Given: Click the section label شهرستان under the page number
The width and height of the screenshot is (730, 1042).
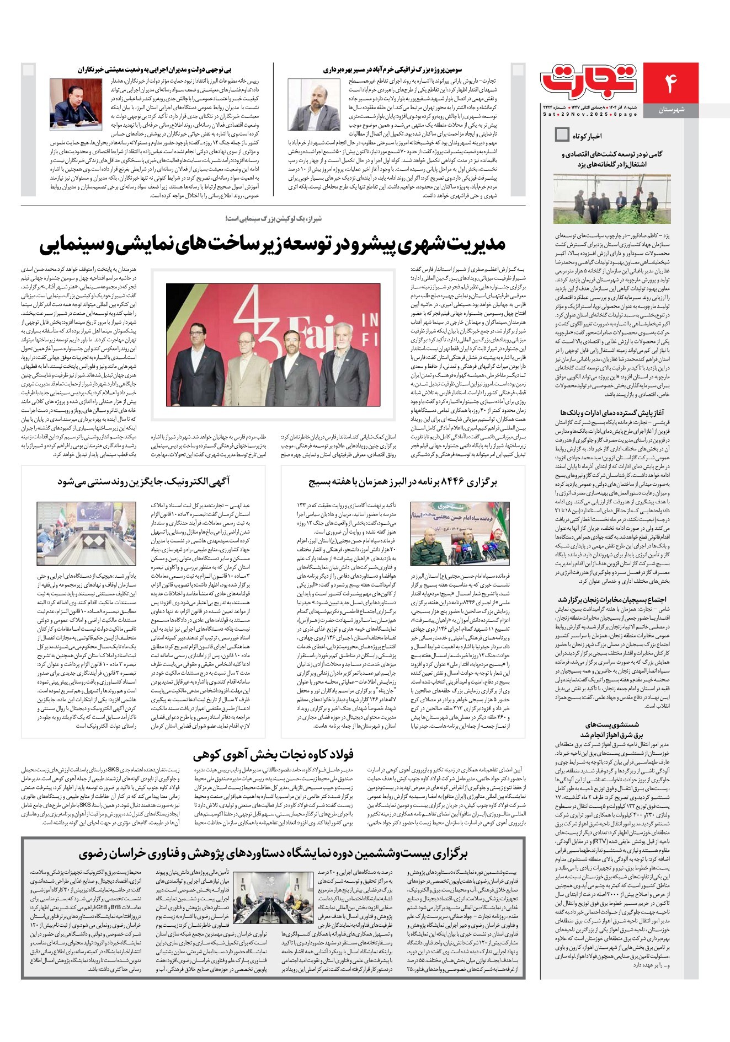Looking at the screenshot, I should [671, 110].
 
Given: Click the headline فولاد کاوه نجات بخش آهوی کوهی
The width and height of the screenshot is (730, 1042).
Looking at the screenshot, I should [273, 754].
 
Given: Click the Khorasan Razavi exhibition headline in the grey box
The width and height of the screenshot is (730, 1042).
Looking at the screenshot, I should [273, 854].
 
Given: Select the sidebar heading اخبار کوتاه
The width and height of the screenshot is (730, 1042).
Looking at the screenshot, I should [587, 136].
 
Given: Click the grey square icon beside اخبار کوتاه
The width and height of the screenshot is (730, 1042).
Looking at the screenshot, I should [562, 135].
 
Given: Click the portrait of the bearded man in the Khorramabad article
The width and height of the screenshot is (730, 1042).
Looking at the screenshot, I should [314, 104].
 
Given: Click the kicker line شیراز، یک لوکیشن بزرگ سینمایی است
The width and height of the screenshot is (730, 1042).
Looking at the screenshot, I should [273, 219].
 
